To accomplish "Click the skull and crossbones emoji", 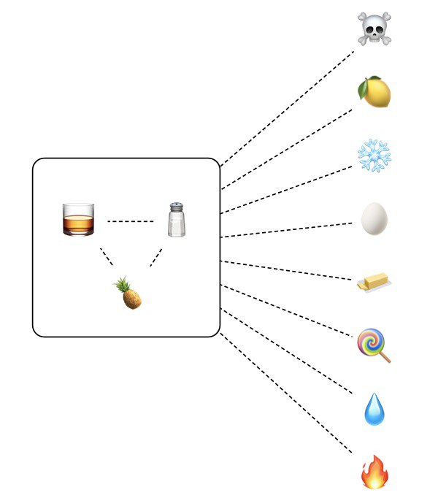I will click(x=374, y=28).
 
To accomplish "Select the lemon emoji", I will click(x=374, y=92).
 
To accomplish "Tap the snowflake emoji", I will click(x=374, y=156).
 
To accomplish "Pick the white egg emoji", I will click(x=374, y=218).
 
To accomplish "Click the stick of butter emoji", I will click(x=373, y=282).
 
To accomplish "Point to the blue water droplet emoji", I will click(x=374, y=408).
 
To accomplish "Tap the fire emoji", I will click(x=374, y=471).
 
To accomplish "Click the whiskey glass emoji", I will click(x=78, y=220).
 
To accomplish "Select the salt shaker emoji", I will click(x=177, y=220).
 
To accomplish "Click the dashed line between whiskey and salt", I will click(x=131, y=221).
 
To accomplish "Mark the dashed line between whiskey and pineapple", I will click(x=107, y=256).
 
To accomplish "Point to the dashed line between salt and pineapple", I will click(x=155, y=256).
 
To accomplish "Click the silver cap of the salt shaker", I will click(x=177, y=207).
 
